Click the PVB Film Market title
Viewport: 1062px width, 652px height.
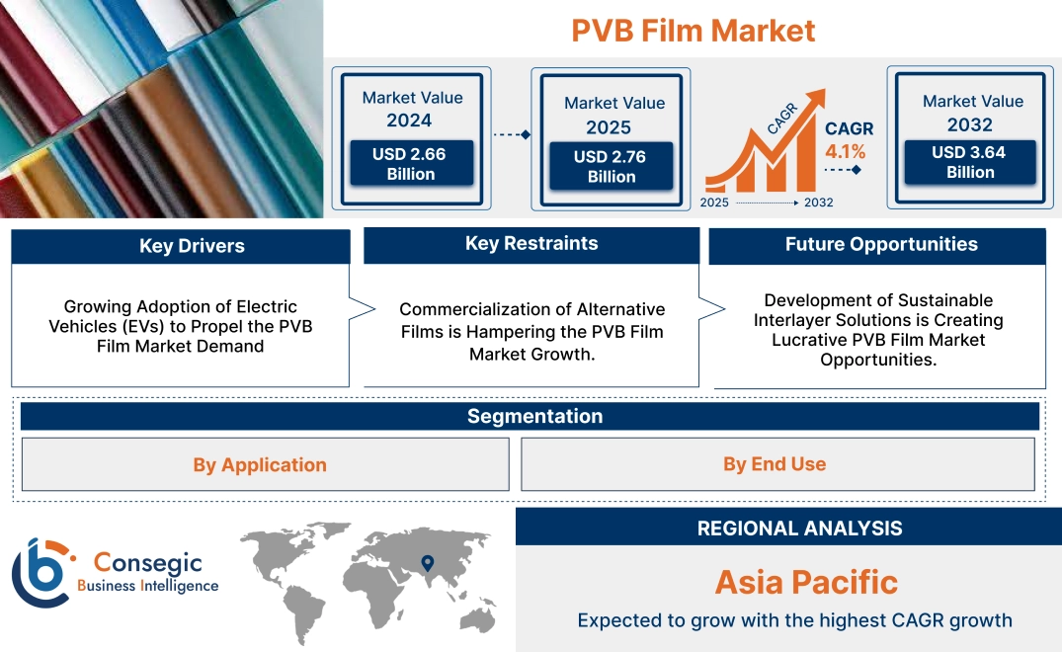pyautogui.click(x=693, y=31)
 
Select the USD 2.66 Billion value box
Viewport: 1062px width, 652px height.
pyautogui.click(x=410, y=164)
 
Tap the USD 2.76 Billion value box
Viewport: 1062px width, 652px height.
pyautogui.click(x=612, y=167)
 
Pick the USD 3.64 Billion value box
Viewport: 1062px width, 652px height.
pyautogui.click(x=970, y=162)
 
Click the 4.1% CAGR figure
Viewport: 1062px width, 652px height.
pyautogui.click(x=846, y=152)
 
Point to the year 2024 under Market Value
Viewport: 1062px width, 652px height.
pyautogui.click(x=409, y=122)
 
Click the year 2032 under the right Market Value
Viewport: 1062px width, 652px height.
pyautogui.click(x=969, y=125)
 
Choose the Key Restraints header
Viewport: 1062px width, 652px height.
pyautogui.click(x=531, y=244)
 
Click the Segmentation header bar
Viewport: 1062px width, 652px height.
pyautogui.click(x=534, y=416)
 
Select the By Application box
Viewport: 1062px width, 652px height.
pyautogui.click(x=260, y=464)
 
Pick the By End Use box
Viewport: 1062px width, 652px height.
pyautogui.click(x=775, y=463)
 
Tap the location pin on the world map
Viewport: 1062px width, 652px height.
pyautogui.click(x=427, y=563)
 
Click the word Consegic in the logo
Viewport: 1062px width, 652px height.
pyautogui.click(x=147, y=563)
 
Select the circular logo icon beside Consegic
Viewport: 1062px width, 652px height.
pyautogui.click(x=41, y=574)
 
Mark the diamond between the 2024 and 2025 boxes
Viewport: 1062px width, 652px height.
pyautogui.click(x=525, y=134)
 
